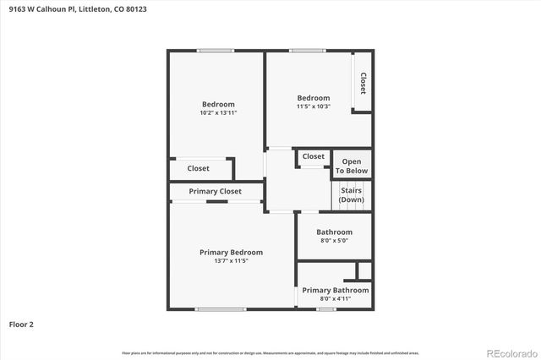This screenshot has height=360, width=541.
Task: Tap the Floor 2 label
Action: (x=21, y=324)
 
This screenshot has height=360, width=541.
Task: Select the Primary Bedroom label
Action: (x=231, y=252)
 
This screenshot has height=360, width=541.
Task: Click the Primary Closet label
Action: (x=215, y=191)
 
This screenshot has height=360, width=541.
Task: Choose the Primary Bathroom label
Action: (x=335, y=290)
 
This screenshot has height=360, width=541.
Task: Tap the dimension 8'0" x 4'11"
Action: (x=334, y=298)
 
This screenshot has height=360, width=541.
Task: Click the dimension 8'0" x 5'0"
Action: (x=334, y=241)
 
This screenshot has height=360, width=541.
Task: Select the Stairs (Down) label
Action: (x=352, y=195)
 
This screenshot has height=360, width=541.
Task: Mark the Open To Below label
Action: (x=352, y=166)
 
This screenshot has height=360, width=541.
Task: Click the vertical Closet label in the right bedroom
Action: (x=363, y=82)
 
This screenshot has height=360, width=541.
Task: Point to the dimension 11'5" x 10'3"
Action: (x=313, y=106)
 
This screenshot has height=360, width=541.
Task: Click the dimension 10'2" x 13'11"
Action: (x=218, y=112)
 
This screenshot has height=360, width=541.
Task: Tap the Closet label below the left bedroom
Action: (x=198, y=168)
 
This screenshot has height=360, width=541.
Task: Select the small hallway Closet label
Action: (x=314, y=156)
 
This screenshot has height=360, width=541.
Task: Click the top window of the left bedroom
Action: (x=215, y=51)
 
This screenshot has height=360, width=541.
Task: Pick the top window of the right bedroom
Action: (x=307, y=51)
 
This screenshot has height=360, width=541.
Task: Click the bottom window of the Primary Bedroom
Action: (x=215, y=308)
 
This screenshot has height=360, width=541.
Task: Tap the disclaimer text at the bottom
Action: (x=270, y=352)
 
